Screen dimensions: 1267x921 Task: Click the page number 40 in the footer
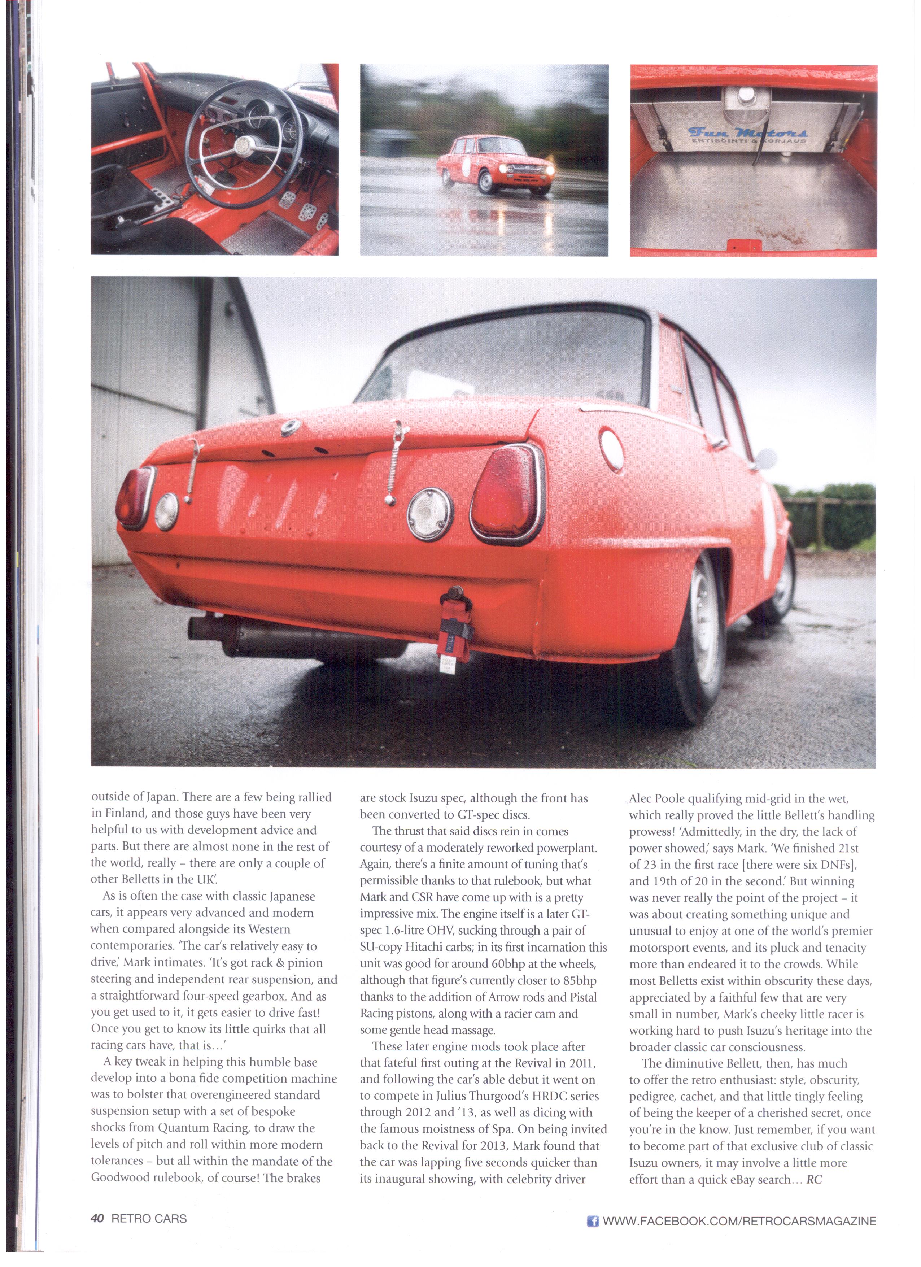click(x=97, y=1218)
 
